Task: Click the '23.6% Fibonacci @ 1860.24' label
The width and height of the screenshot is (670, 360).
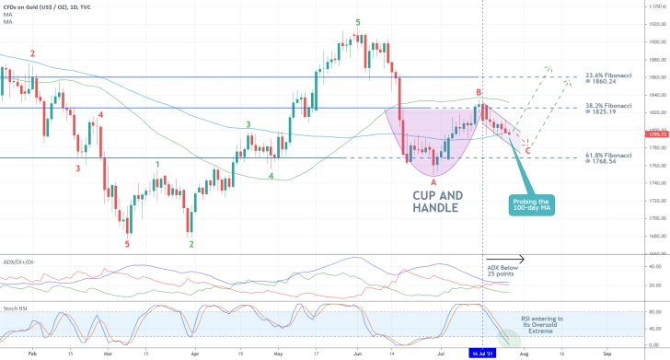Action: (612, 77)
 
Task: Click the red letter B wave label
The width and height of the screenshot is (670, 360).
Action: (479, 93)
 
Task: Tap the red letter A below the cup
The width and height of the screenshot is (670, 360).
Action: (433, 182)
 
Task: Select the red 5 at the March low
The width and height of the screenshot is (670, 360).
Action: (127, 244)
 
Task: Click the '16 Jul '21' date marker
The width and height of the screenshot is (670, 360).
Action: (484, 352)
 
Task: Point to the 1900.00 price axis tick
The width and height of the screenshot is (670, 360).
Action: (655, 41)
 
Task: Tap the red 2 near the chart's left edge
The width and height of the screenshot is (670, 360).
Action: (32, 54)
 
